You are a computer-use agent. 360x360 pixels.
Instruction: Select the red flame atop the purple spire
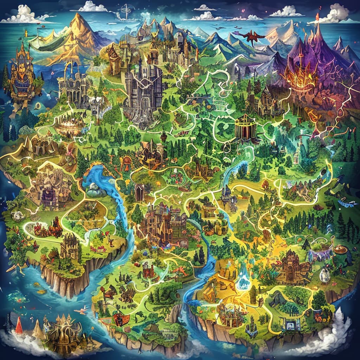tap(317, 16)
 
